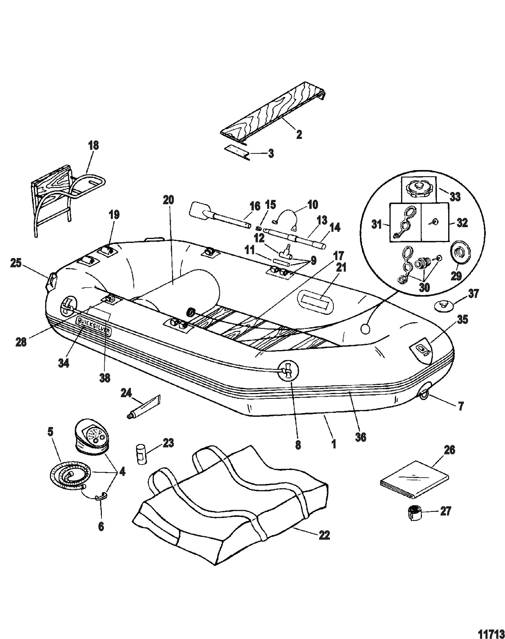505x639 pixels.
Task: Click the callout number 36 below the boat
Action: (x=360, y=437)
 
